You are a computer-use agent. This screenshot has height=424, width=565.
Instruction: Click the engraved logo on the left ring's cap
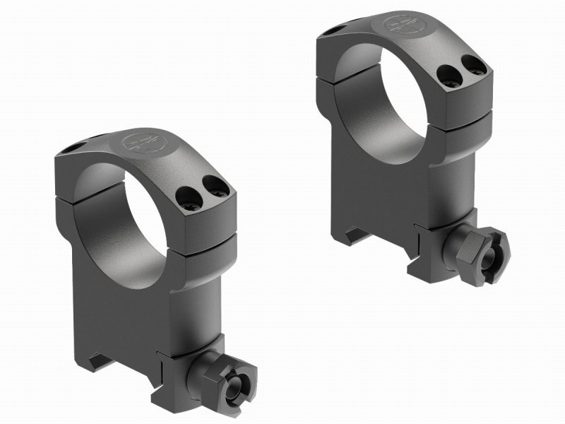pyautogui.click(x=136, y=141)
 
